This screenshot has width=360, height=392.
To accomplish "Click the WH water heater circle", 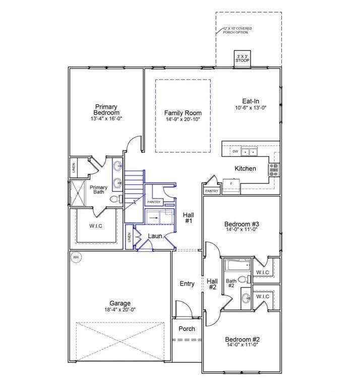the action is pyautogui.click(x=76, y=257).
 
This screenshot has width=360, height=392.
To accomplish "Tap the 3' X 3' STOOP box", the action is pyautogui.click(x=243, y=59).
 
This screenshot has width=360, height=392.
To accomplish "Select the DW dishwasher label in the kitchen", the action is pyautogui.click(x=235, y=152).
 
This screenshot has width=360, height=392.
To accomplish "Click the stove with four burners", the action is pyautogui.click(x=274, y=170).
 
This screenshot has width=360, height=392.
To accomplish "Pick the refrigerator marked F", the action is pyautogui.click(x=231, y=185).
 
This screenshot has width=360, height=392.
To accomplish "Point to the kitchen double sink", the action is pyautogui.click(x=249, y=152).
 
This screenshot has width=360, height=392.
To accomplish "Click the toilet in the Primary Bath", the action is pyautogui.click(x=116, y=199).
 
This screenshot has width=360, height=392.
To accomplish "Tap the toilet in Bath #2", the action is pyautogui.click(x=244, y=279).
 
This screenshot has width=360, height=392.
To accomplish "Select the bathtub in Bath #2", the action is pyautogui.click(x=237, y=265).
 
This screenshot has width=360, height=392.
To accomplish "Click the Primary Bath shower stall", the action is pyautogui.click(x=78, y=193).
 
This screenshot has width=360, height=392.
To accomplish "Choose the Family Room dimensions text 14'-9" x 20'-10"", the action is pyautogui.click(x=183, y=119).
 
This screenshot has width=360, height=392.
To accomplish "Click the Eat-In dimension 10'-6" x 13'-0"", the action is pyautogui.click(x=251, y=108).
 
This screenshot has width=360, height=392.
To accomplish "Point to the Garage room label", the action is pyautogui.click(x=120, y=303).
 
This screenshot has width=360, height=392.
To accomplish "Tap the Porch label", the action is pyautogui.click(x=187, y=329).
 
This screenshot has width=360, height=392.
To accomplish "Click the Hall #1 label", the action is pyautogui.click(x=189, y=218).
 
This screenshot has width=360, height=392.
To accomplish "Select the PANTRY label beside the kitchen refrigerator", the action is pyautogui.click(x=212, y=191).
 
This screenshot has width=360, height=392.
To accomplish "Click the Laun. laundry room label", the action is pyautogui.click(x=155, y=236).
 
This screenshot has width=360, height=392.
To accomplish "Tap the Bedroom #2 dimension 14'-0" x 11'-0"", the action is pyautogui.click(x=242, y=345).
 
